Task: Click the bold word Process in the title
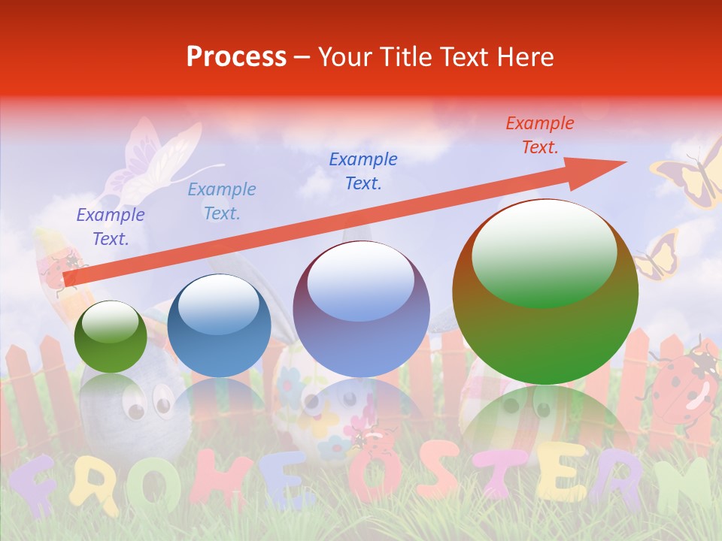coord(236,56)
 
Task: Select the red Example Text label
coord(539,135)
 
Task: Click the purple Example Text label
coord(110,227)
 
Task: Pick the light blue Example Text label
coord(221,201)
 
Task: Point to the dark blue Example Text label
coord(363,171)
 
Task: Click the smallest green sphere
coord(111,337)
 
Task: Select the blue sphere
coord(219,325)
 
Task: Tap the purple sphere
coord(361,309)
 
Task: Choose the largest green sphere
coord(545,292)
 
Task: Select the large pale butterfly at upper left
coord(150,162)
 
